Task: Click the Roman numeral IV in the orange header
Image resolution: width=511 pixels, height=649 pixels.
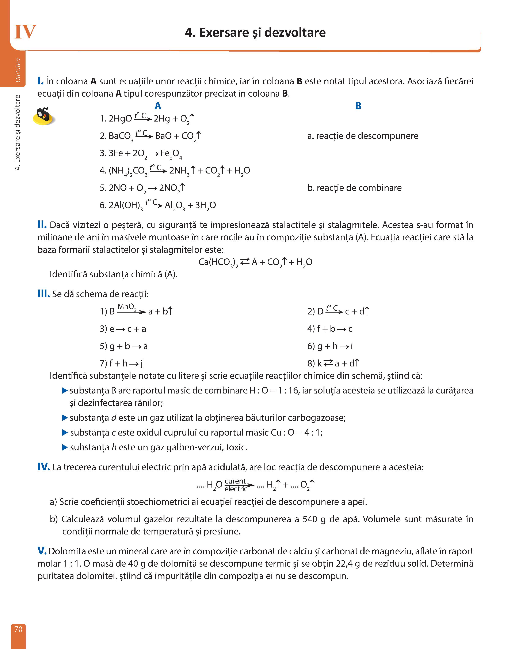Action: [25, 32]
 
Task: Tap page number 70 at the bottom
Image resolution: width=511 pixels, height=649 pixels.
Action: [18, 629]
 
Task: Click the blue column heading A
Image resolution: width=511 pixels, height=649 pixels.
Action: [158, 106]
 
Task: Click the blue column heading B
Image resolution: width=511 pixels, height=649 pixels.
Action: [358, 106]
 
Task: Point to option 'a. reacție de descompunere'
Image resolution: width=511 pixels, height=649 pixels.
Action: [363, 136]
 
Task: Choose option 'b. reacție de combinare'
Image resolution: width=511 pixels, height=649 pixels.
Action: [354, 188]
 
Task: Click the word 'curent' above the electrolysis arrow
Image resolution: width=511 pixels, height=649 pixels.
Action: [235, 481]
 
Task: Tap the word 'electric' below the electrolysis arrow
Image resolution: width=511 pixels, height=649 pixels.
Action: [236, 489]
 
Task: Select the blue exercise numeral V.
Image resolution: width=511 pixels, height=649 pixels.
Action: [42, 551]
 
